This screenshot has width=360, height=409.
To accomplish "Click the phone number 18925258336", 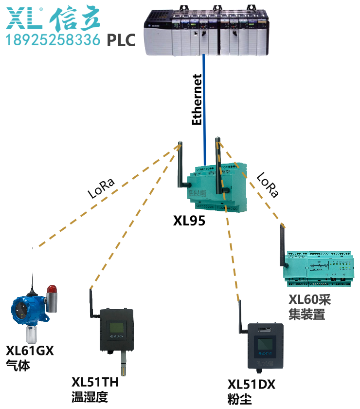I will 53,39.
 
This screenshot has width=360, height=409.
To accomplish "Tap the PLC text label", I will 121,40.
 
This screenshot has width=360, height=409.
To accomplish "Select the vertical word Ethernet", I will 197,100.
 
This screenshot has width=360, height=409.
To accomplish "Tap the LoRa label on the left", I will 101,189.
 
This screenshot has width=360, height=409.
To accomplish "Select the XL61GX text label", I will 29,350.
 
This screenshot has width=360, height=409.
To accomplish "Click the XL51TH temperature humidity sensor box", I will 116,330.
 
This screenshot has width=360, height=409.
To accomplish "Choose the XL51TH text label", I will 95,382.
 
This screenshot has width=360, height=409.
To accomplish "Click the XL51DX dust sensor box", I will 265,346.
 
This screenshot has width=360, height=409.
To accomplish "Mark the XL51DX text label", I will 251,385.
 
